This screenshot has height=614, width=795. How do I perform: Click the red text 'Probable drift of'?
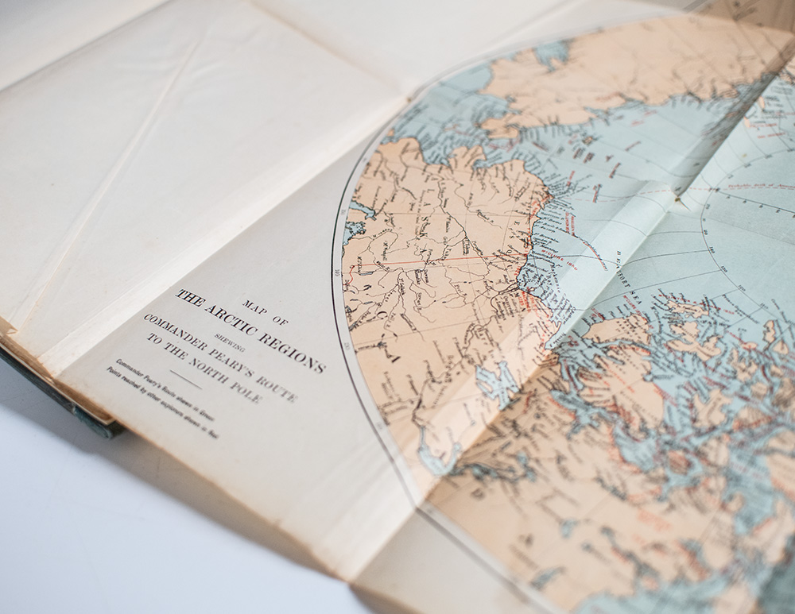[x=743, y=184]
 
